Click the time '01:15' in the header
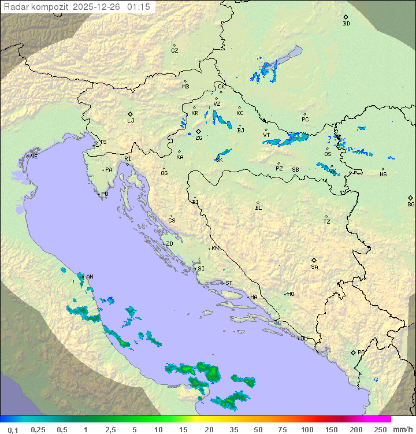(139, 7)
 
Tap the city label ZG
(199, 138)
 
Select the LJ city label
(131, 121)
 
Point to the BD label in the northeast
(346, 24)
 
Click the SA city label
(314, 267)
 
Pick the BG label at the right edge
(411, 204)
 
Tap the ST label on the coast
(229, 283)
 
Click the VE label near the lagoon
(34, 157)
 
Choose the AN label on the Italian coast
(90, 277)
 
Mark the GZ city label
(174, 51)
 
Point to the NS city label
(383, 175)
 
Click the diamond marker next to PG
(353, 352)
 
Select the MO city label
(291, 294)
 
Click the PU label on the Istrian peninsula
(105, 194)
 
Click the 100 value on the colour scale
(307, 429)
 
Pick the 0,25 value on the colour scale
(38, 429)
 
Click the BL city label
(258, 207)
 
